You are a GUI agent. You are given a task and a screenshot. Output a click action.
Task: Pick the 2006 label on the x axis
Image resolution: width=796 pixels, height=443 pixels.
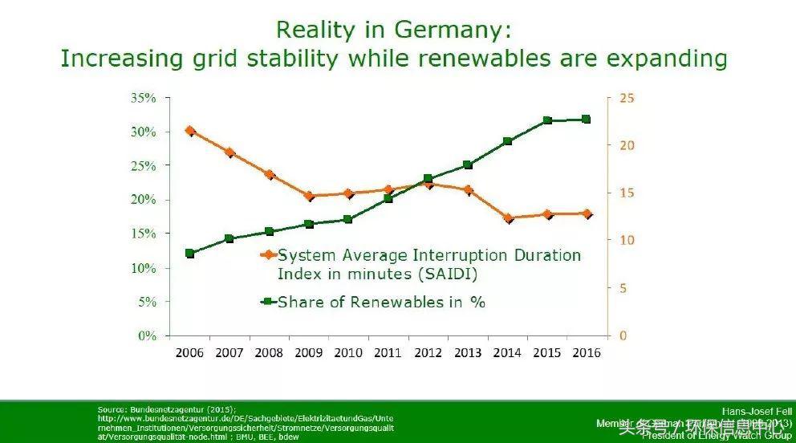pyautogui.click(x=189, y=353)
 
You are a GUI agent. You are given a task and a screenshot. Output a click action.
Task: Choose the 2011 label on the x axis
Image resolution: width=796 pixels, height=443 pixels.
pyautogui.click(x=388, y=353)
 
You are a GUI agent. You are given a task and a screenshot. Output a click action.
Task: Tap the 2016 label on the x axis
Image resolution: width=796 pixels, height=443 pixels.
pyautogui.click(x=586, y=353)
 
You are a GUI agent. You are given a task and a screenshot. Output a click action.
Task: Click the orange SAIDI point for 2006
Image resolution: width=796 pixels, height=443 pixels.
pyautogui.click(x=189, y=130)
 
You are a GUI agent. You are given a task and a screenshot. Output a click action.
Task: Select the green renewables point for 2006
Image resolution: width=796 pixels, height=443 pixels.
pyautogui.click(x=189, y=253)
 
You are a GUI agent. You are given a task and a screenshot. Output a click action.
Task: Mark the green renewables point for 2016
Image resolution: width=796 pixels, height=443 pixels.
pyautogui.click(x=586, y=119)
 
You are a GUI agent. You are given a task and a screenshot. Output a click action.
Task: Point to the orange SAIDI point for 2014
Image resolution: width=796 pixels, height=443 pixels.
pyautogui.click(x=507, y=217)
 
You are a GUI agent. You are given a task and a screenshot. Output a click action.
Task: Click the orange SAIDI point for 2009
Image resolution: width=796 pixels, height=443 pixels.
pyautogui.click(x=309, y=196)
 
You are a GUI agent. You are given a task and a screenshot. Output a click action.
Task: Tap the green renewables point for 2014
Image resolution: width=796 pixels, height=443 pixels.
pyautogui.click(x=507, y=141)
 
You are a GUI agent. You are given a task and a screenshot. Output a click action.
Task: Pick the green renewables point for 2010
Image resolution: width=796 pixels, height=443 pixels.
pyautogui.click(x=348, y=219)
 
